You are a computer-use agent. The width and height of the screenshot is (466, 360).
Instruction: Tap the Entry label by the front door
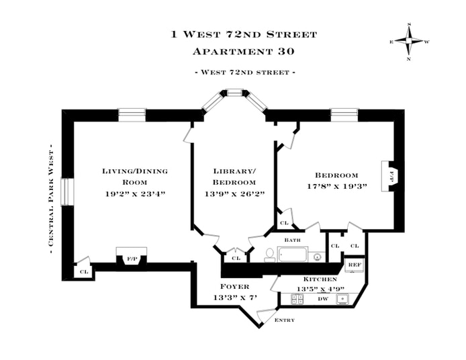(x=285, y=320)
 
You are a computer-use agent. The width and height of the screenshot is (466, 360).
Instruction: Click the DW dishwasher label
(x=322, y=299)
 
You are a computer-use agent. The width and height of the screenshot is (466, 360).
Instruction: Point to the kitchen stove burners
(x=297, y=299)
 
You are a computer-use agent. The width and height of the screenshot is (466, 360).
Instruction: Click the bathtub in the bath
(x=291, y=255)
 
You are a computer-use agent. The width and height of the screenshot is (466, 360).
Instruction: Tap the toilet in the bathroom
(x=269, y=254)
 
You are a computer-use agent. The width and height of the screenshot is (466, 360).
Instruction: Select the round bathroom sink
(x=317, y=255)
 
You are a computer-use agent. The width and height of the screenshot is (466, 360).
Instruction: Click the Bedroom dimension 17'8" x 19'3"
(x=334, y=187)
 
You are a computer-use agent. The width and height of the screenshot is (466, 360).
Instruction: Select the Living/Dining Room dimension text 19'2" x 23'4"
(x=134, y=193)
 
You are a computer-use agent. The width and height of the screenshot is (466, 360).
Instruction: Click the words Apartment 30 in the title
(x=234, y=51)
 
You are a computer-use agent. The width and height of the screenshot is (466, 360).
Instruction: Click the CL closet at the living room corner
(x=84, y=271)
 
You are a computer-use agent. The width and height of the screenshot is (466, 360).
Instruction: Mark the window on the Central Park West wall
(x=64, y=191)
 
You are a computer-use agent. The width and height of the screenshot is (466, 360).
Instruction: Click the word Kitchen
(x=315, y=279)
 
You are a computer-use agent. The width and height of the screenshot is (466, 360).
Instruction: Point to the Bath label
(x=292, y=240)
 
